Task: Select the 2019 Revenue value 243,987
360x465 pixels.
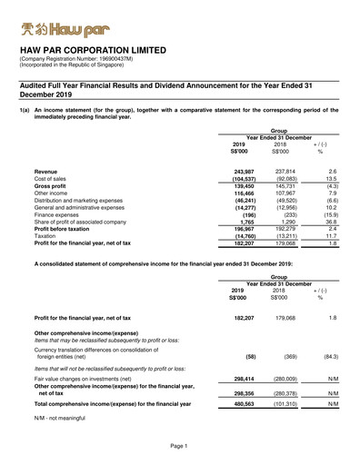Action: [240, 171]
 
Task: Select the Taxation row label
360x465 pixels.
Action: [48, 236]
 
